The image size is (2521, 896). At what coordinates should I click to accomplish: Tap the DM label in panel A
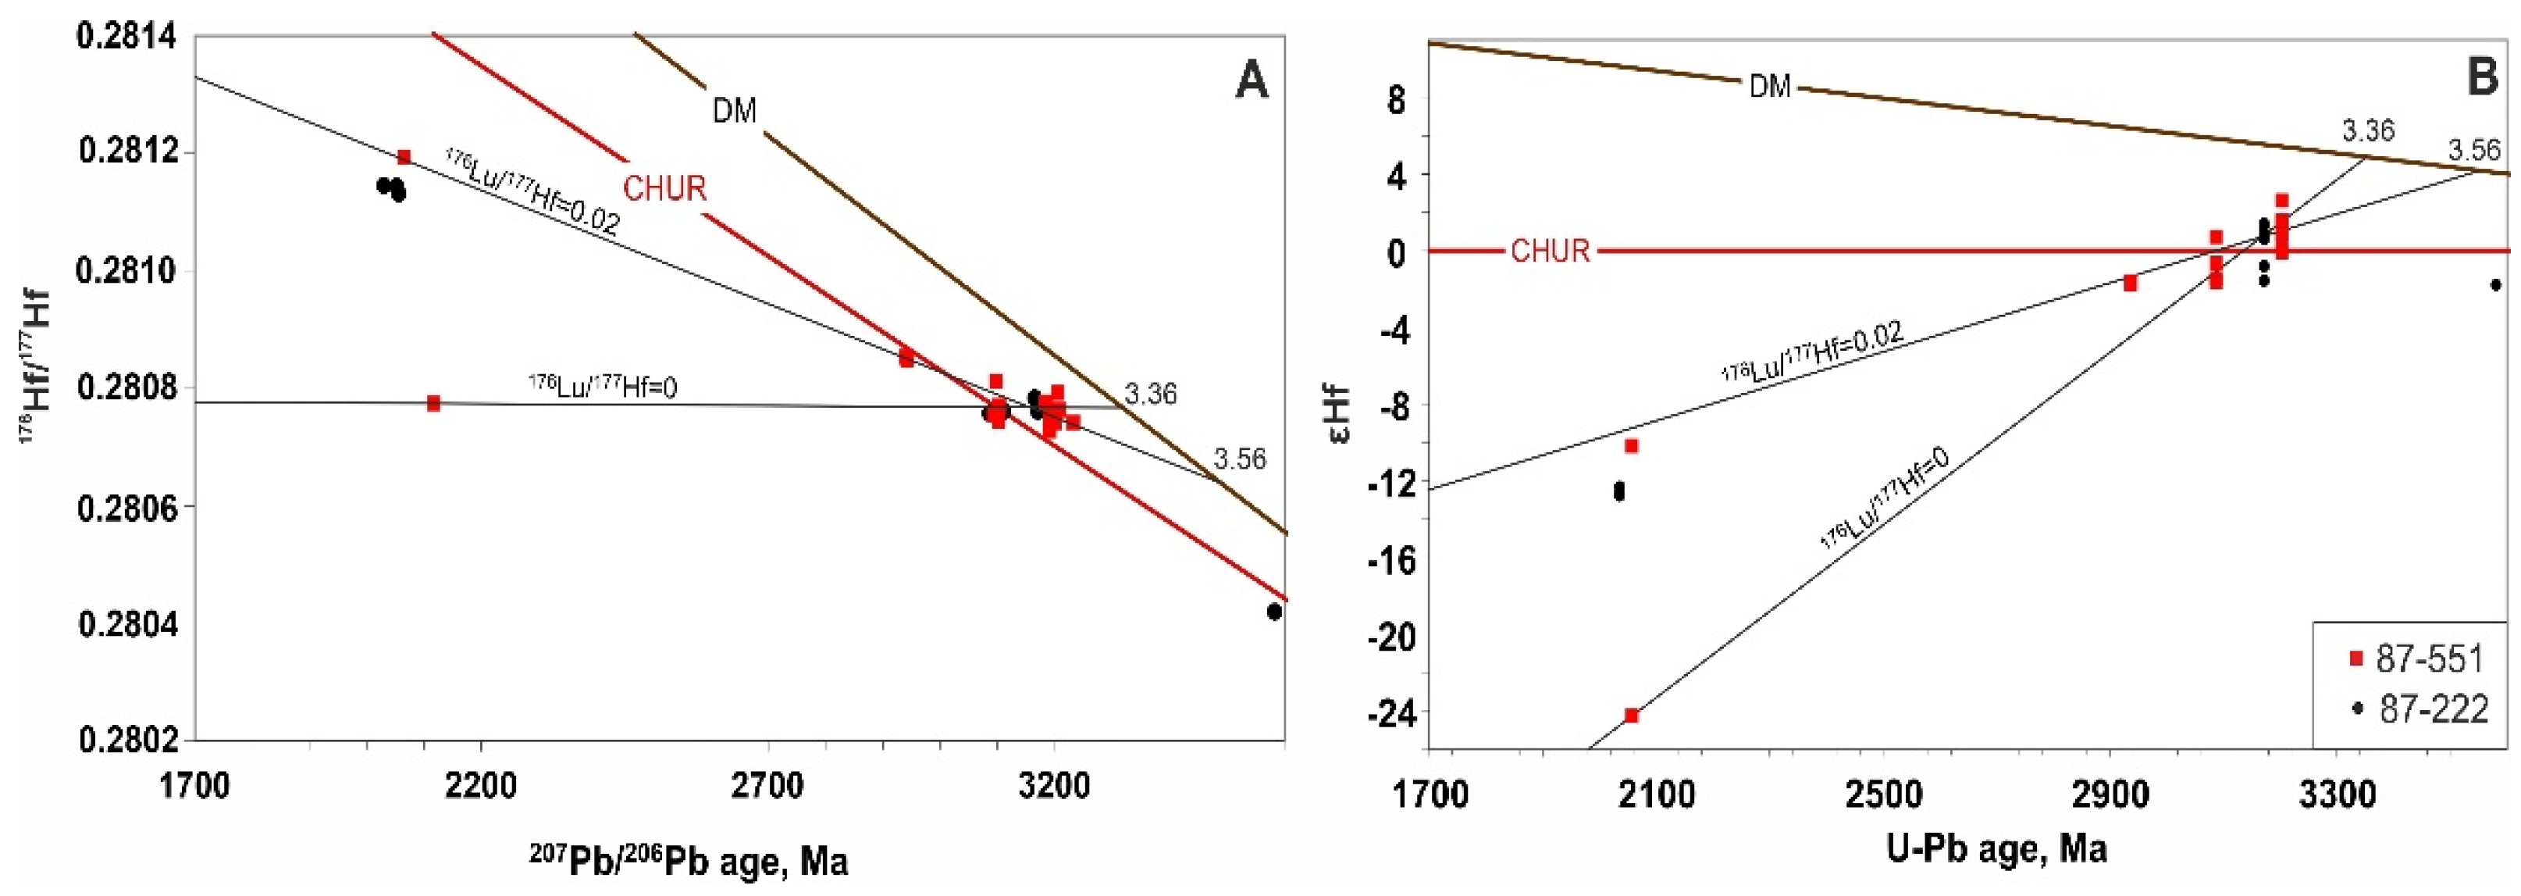[x=734, y=112]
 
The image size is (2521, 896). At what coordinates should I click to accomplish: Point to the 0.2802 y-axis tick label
[x=126, y=739]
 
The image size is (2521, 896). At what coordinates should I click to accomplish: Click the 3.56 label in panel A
[x=1239, y=459]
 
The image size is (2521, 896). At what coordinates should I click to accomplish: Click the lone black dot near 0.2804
[x=1273, y=611]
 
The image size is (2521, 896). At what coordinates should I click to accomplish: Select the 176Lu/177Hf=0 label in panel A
[x=603, y=387]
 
